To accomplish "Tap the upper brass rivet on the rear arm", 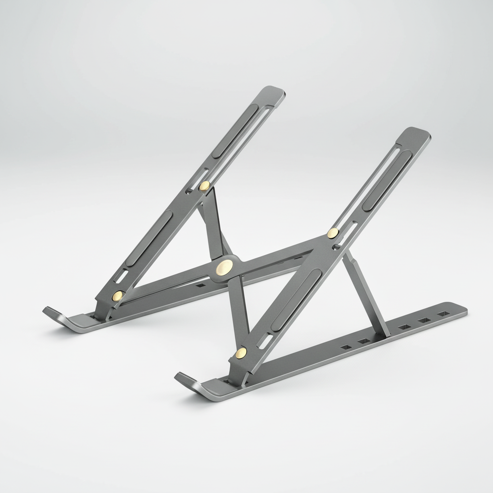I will [x=205, y=186].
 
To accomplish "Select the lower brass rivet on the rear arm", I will [x=117, y=296].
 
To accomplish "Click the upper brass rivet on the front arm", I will [x=333, y=234].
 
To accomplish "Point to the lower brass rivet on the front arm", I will [x=241, y=353].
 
